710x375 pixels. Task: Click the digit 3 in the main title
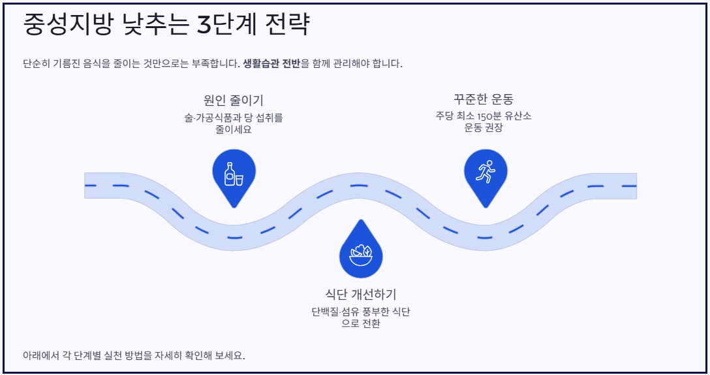point(205,25)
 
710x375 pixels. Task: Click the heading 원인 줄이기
point(234,101)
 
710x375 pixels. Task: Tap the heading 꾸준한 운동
point(484,99)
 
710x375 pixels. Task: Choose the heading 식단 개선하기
point(361,294)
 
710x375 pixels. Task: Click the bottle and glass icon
point(234,174)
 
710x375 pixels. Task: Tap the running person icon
point(485,172)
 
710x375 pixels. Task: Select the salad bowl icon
point(361,255)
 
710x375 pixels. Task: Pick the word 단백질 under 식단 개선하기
point(325,312)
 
